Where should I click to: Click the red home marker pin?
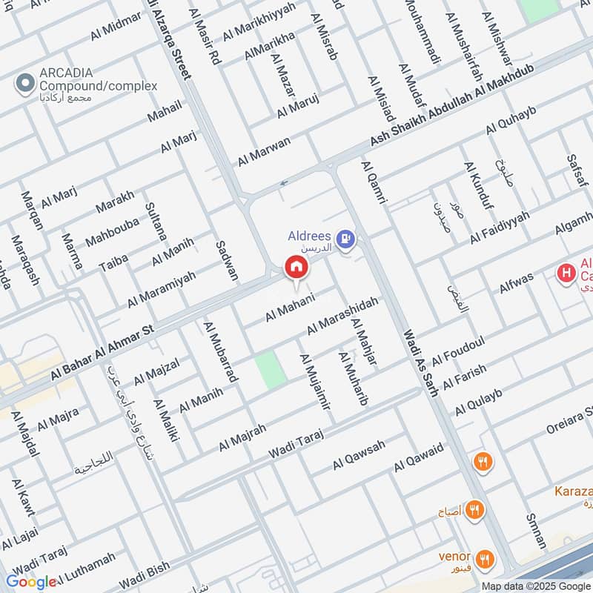pyautogui.click(x=295, y=267)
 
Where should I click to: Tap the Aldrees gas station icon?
pyautogui.click(x=345, y=239)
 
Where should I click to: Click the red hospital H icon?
pyautogui.click(x=566, y=274)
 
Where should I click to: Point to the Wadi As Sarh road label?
pyautogui.click(x=420, y=362)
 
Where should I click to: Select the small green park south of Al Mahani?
pyautogui.click(x=271, y=369)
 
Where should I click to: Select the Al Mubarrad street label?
pyautogui.click(x=220, y=351)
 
